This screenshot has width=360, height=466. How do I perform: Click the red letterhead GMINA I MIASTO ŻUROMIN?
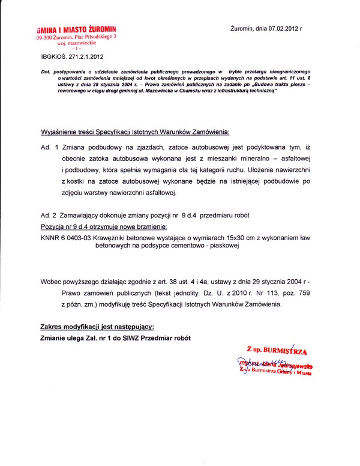76,29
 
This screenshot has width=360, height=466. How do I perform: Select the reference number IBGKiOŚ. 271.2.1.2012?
69,58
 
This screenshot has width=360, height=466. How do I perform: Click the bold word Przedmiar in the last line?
149,337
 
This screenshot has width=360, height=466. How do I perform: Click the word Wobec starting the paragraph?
53,282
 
